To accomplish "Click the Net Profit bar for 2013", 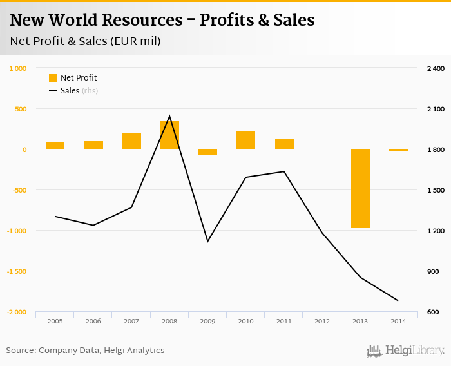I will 360,188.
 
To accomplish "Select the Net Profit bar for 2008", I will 169,135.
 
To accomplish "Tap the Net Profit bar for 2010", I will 245,140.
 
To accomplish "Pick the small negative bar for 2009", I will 207,152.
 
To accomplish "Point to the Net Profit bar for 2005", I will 55,146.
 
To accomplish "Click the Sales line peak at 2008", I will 169,117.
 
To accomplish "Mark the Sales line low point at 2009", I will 207,241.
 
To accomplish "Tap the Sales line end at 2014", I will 398,300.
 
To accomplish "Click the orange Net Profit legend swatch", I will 53,78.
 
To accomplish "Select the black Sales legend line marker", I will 53,91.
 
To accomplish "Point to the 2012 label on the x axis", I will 322,320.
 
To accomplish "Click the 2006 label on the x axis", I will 93,320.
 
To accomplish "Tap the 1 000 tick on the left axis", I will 17,68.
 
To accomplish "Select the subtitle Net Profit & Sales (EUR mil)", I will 86,41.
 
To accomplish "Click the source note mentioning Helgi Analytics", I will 86,351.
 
